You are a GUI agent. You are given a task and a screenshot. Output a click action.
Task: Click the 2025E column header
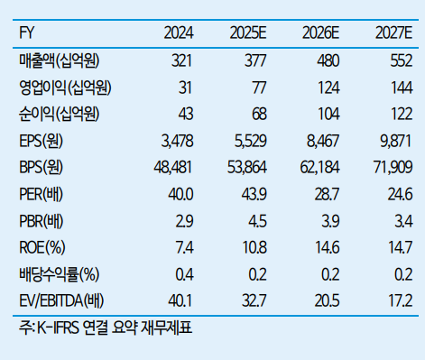coord(249,34)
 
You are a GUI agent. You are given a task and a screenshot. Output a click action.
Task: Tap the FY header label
coord(27,34)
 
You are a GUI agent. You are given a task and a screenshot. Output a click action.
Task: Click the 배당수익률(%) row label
coord(59,272)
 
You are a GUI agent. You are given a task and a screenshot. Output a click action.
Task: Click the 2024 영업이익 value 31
coord(183,88)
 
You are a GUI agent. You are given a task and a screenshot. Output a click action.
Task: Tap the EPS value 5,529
coord(248,141)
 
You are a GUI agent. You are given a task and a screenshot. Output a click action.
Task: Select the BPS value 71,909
coord(393,167)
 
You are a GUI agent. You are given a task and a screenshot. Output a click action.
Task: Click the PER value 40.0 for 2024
coord(180,193)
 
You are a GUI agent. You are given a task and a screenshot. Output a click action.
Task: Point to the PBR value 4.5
coord(257,219)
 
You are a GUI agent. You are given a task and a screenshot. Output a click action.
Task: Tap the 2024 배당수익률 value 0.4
coord(183,272)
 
